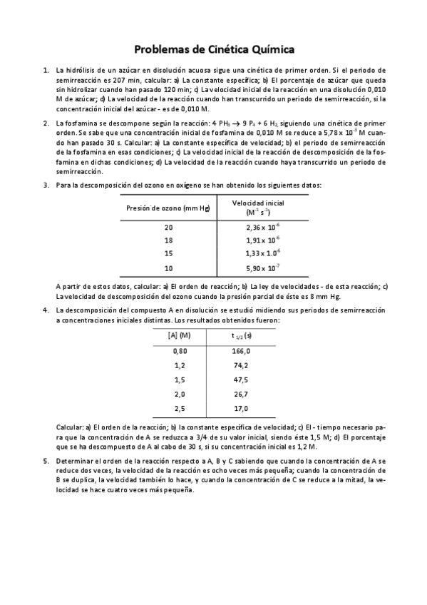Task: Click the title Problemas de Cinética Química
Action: click(214, 49)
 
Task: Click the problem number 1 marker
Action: click(46, 71)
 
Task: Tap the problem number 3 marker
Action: click(46, 185)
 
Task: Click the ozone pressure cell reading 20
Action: click(168, 228)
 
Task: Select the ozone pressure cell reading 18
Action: click(168, 240)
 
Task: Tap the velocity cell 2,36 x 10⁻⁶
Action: click(262, 228)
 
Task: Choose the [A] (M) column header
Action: click(179, 335)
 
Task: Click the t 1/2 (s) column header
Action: click(241, 335)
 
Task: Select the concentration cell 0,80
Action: click(179, 351)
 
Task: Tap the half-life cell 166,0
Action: click(241, 351)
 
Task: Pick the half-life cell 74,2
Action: click(241, 365)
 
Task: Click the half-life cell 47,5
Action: click(241, 380)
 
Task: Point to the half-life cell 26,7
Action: click(241, 395)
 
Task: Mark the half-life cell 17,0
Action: click(241, 409)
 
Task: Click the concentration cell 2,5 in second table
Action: click(179, 409)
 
